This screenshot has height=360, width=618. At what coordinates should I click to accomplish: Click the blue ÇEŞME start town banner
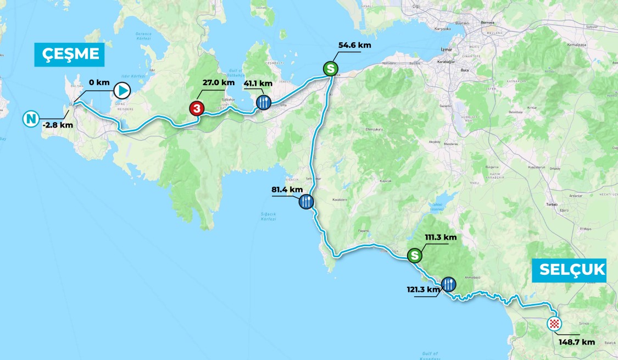click(69, 54)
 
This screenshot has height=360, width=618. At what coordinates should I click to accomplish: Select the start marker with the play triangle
click(122, 90)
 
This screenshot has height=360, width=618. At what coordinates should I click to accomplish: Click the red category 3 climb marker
click(197, 108)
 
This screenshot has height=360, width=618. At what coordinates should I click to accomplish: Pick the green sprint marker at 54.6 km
click(330, 69)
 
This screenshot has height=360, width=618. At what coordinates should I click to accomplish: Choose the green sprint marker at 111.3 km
click(415, 255)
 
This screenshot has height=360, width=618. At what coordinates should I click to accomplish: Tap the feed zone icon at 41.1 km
click(264, 102)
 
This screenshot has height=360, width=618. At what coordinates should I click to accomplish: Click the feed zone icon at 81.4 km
click(306, 202)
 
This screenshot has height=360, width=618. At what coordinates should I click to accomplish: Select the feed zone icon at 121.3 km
click(448, 284)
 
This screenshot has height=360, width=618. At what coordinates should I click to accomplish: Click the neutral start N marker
click(31, 118)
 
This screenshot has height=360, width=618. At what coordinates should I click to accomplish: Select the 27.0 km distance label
click(219, 82)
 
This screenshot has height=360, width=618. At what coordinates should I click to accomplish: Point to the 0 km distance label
click(99, 82)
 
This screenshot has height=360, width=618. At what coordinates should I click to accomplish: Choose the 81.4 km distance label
click(287, 190)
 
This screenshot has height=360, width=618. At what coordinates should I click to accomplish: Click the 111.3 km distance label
click(441, 237)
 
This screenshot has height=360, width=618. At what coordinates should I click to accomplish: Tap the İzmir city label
click(446, 49)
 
